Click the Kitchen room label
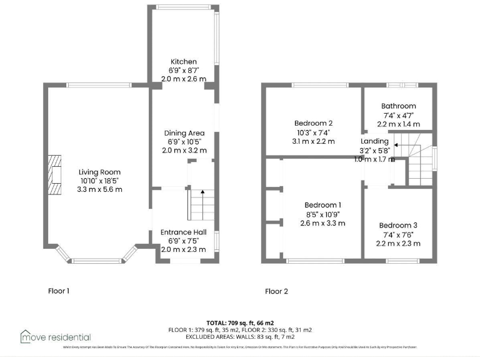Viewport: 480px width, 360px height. (x=184, y=62)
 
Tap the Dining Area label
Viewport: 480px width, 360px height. (x=184, y=133)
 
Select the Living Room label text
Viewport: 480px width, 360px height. (x=99, y=172)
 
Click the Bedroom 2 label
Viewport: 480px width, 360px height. (x=313, y=123)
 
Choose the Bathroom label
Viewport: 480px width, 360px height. (x=399, y=106)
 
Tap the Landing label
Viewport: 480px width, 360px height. (x=374, y=141)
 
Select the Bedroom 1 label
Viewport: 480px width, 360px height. (x=322, y=205)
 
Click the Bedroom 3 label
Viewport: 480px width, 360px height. (x=397, y=226)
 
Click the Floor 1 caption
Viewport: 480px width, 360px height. (x=59, y=291)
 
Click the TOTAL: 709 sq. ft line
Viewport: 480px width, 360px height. (x=240, y=322)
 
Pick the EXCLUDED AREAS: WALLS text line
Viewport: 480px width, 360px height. (x=240, y=336)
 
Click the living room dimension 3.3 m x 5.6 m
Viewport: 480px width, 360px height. (x=99, y=189)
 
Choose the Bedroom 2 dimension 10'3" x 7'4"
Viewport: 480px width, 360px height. (x=313, y=132)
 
